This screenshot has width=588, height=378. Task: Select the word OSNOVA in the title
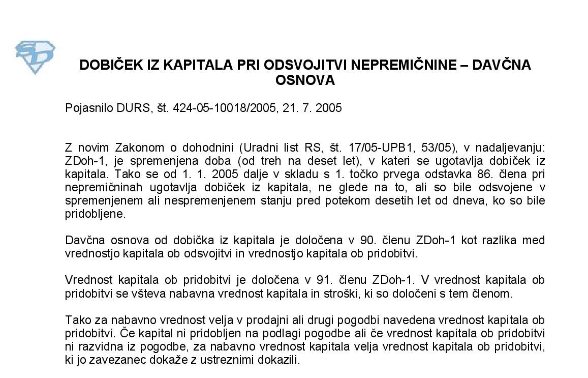305,80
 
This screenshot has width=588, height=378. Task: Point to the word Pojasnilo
86,108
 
